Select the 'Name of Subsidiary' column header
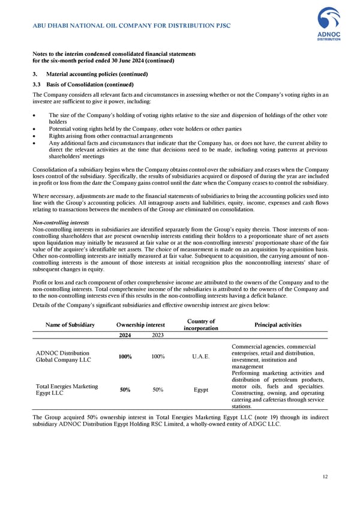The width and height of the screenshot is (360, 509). [x=70, y=325]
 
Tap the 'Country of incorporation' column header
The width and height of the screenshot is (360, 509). [x=201, y=325]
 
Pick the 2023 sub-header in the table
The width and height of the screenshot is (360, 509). [x=157, y=336]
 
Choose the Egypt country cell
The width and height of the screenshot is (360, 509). [x=201, y=390]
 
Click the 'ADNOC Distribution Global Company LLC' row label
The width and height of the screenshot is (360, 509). [x=63, y=357]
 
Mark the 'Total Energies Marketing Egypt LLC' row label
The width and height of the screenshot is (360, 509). [x=67, y=390]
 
